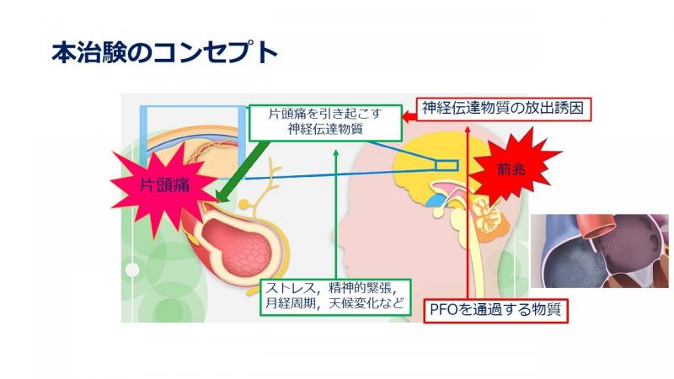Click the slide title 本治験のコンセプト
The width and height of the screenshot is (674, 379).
164,53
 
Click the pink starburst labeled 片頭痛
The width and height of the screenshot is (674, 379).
164,185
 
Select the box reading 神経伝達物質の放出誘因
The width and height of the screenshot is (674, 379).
503,109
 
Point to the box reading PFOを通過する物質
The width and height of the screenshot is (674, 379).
495,310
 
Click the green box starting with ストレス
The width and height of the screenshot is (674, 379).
335,297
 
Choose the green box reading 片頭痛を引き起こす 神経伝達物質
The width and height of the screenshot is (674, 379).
325,123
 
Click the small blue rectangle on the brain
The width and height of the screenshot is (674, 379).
447,165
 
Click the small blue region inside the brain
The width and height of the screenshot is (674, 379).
436,200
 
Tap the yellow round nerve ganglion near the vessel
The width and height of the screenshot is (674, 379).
244,204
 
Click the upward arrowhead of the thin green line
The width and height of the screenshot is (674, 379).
336,152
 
